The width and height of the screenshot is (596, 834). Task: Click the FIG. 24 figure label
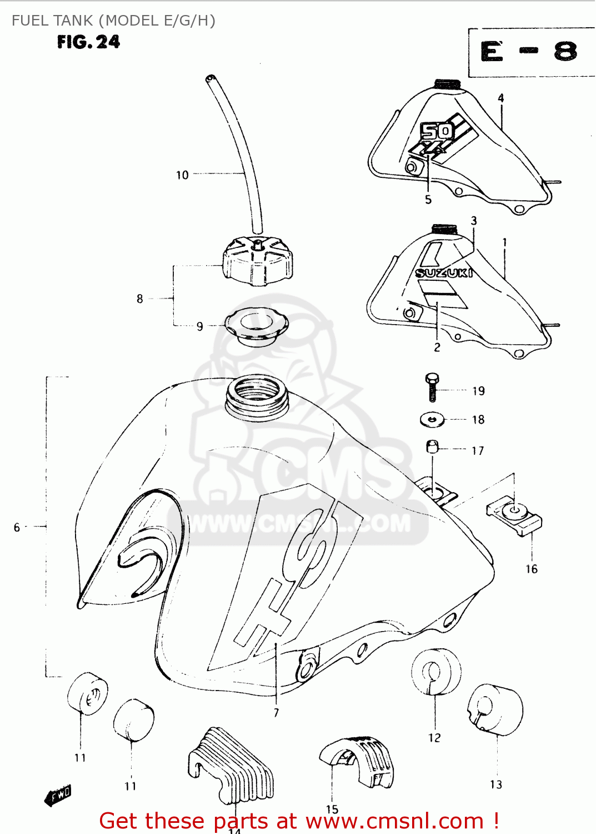click(88, 42)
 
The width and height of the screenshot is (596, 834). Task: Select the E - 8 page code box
click(529, 52)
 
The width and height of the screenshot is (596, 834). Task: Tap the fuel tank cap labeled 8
click(257, 261)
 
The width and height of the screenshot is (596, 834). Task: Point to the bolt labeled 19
click(432, 387)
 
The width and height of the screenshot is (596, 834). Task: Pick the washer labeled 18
click(432, 419)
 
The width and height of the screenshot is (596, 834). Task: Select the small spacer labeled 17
click(433, 446)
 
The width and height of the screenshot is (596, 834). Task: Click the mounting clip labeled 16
click(514, 518)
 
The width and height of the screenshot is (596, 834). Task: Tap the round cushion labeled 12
click(436, 672)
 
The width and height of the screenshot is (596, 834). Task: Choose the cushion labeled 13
click(495, 709)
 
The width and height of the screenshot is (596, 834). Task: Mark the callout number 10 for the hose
click(182, 175)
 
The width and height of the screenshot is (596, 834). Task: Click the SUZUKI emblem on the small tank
click(444, 272)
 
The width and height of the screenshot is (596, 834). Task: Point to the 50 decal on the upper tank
click(436, 132)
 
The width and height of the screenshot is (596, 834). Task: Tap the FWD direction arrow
click(58, 796)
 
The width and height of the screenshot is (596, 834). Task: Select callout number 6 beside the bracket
click(17, 527)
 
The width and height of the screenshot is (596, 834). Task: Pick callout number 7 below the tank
click(276, 712)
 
